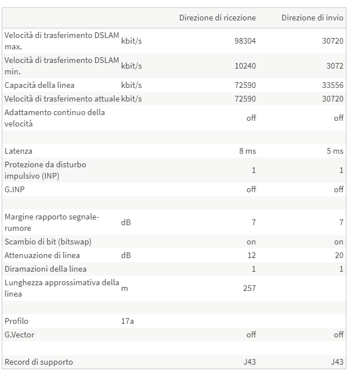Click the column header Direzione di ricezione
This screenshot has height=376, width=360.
tap(217, 18)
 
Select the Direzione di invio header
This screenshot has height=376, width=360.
tap(312, 18)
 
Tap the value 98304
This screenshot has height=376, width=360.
tap(245, 41)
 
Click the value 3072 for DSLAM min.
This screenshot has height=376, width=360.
tap(335, 66)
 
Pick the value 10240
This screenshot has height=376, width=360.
tap(245, 66)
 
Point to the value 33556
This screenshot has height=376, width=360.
tap(333, 86)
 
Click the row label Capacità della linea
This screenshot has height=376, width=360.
tap(39, 86)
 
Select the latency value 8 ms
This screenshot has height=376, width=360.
tap(248, 151)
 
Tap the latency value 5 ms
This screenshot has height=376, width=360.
tap(335, 151)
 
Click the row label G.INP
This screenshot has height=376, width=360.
tap(15, 189)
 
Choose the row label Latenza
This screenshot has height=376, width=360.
tap(19, 151)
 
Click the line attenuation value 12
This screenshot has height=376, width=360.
tap(252, 255)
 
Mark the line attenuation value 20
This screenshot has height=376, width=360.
tap(339, 255)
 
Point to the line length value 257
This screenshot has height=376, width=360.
tap(249, 288)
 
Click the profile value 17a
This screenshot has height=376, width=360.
tap(127, 322)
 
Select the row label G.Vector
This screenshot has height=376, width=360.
tap(19, 335)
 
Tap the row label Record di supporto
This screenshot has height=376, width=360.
tap(39, 362)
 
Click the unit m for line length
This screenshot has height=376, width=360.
tap(124, 289)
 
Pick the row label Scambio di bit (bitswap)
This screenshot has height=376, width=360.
tap(48, 242)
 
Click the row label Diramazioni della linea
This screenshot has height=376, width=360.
tap(45, 269)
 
